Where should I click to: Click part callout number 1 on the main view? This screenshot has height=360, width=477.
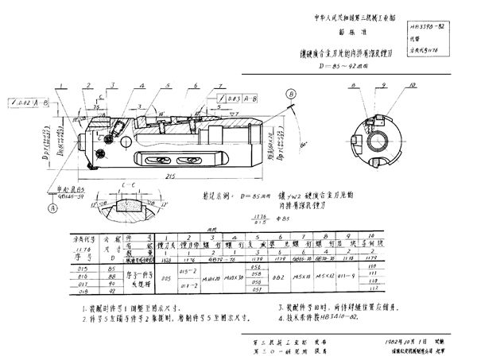(59, 87)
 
